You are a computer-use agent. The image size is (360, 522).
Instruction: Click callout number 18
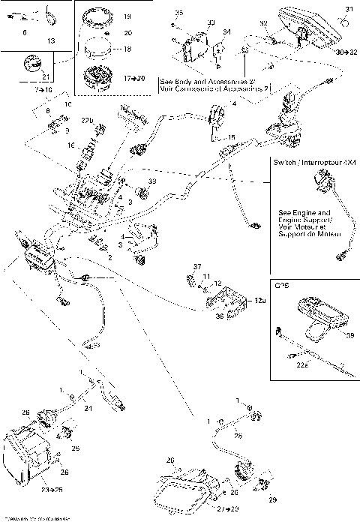point(126,49)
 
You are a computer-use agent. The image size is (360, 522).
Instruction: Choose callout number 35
point(178,13)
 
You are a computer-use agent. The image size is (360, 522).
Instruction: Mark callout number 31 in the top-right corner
point(347,9)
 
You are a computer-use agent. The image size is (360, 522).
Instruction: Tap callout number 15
point(232,137)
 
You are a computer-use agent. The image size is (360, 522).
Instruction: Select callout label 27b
point(88,120)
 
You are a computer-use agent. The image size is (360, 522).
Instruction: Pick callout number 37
point(197,267)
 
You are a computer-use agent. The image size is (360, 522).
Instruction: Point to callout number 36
point(198,316)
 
